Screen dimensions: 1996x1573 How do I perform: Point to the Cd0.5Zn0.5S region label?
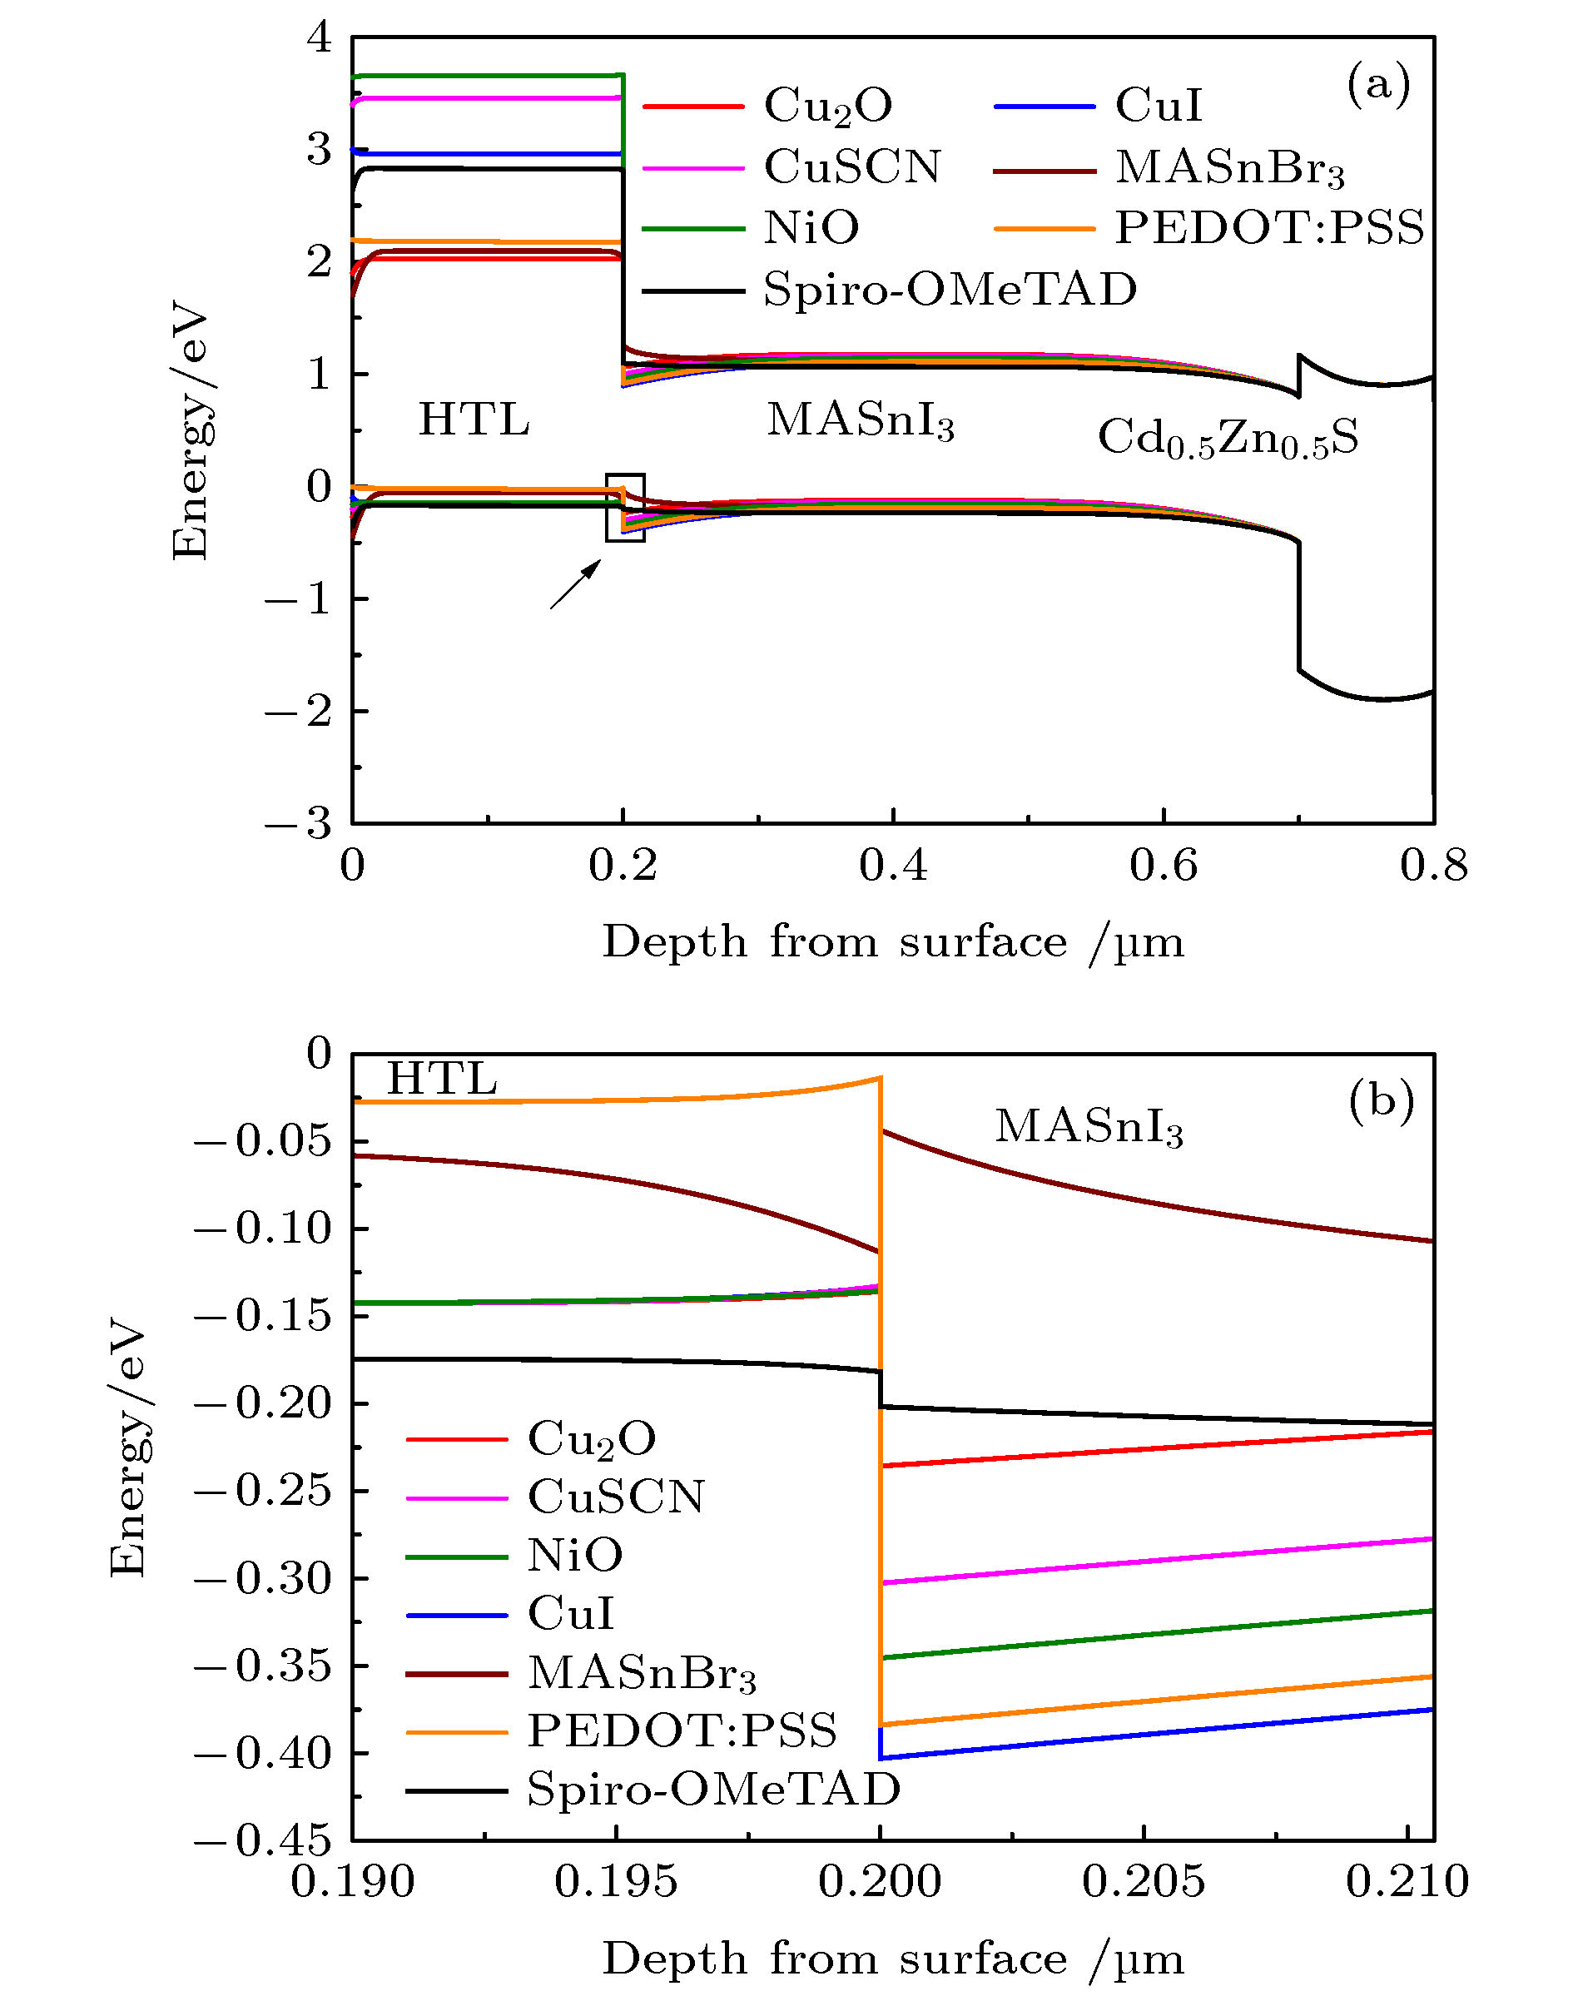[1228, 439]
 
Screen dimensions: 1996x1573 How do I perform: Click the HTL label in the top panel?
[474, 420]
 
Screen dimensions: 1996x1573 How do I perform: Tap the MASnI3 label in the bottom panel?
[1089, 1126]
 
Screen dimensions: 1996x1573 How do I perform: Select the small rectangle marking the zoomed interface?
[625, 508]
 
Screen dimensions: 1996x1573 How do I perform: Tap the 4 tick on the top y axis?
[319, 38]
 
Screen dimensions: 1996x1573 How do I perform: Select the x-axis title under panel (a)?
[892, 944]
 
